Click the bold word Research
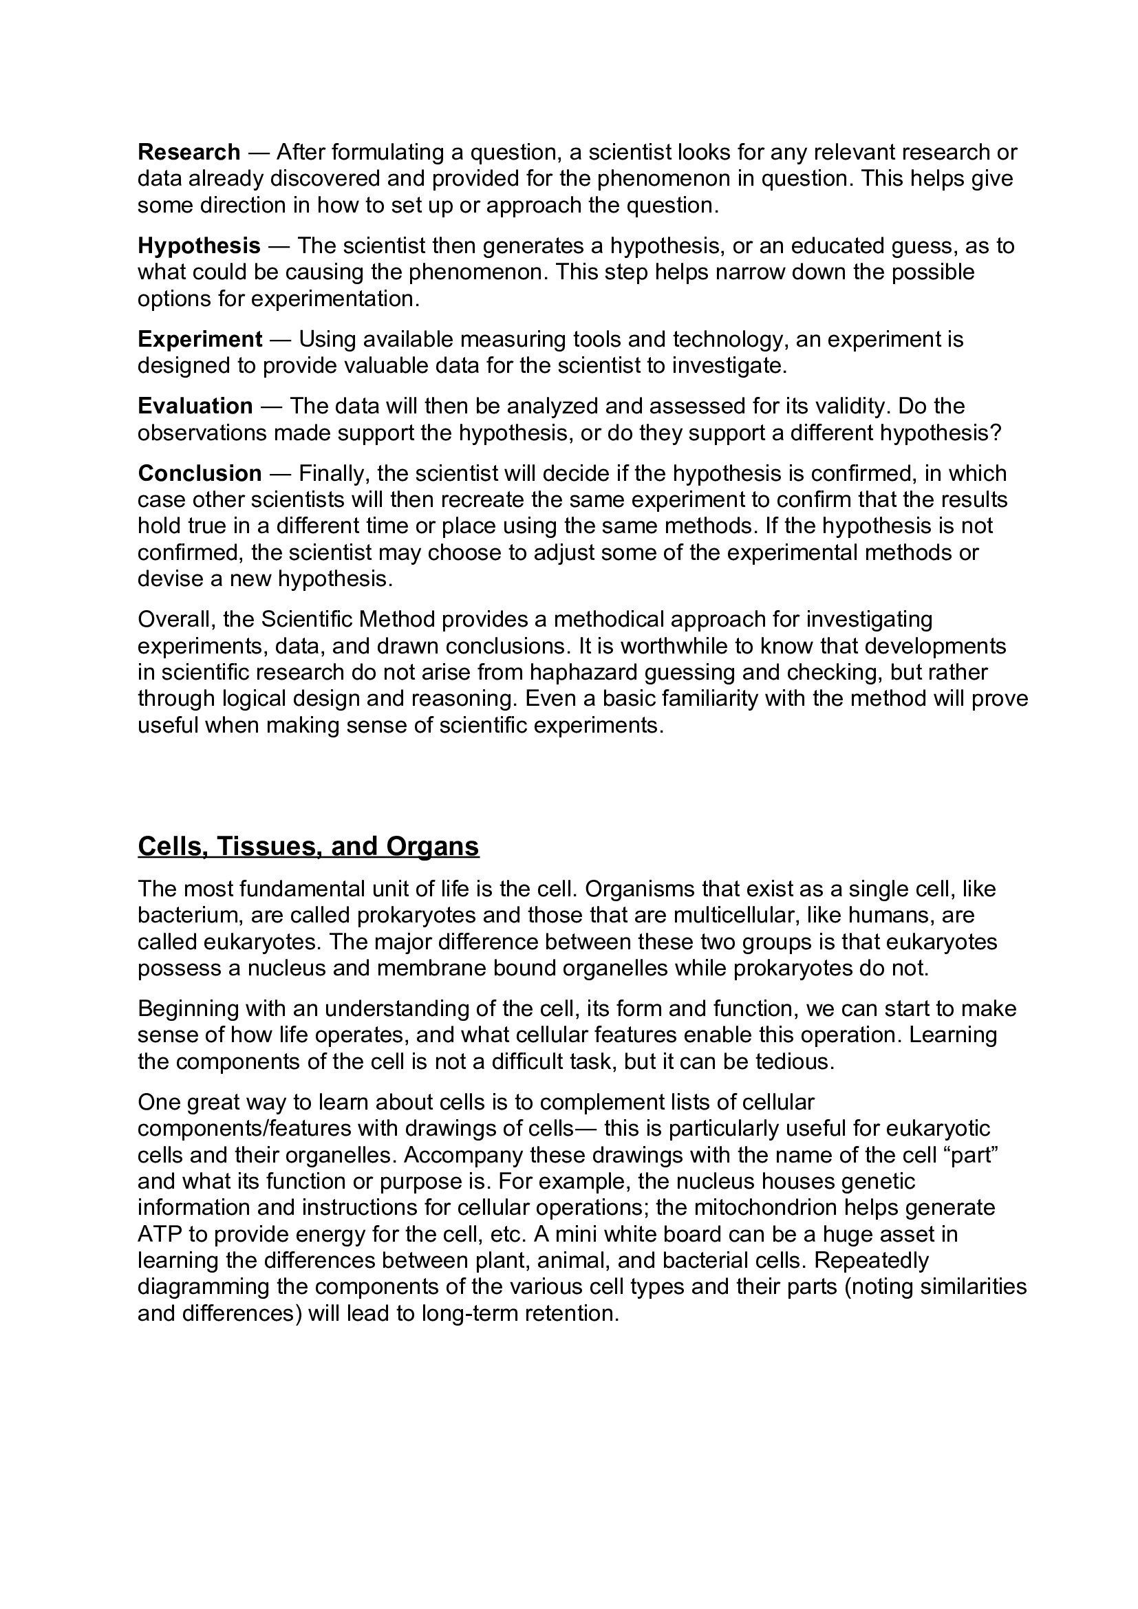pos(189,152)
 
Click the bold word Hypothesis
pos(199,246)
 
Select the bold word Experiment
pos(200,339)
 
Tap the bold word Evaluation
pos(195,406)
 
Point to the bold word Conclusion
pos(200,473)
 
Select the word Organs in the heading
pos(432,846)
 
